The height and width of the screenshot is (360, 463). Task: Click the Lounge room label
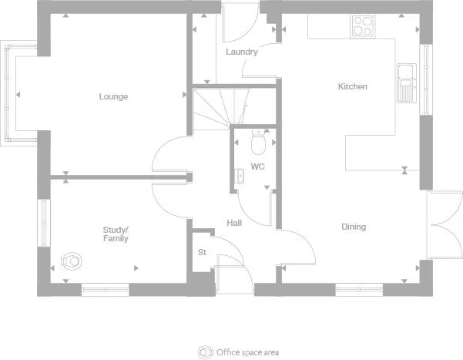[113, 97]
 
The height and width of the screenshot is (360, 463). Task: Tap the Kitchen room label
[353, 87]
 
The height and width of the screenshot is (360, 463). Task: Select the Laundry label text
[241, 52]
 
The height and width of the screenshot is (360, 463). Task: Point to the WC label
[258, 167]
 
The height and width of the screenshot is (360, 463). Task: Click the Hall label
[234, 223]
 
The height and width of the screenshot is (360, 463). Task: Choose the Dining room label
[354, 227]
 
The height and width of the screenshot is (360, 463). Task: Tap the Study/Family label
[116, 234]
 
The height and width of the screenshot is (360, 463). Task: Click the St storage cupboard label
[203, 252]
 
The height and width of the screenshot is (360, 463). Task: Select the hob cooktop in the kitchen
[362, 26]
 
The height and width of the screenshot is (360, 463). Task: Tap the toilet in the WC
[259, 143]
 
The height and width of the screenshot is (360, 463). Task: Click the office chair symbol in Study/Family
[73, 261]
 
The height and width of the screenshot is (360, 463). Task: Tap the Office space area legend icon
[204, 352]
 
